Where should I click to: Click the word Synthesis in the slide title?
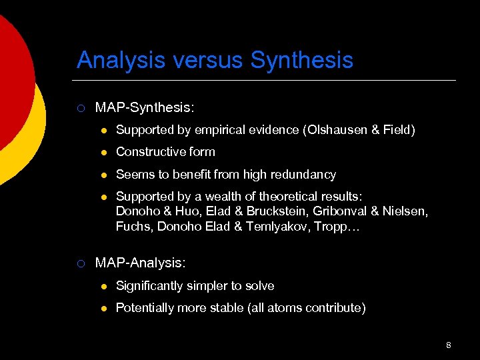[x=302, y=61]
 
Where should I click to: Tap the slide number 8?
[x=449, y=345]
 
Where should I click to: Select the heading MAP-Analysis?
[x=140, y=263]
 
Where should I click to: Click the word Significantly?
[x=149, y=286]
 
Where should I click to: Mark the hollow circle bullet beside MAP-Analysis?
[x=80, y=263]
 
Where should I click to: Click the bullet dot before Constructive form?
[x=103, y=152]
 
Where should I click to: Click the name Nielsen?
[x=408, y=211]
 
